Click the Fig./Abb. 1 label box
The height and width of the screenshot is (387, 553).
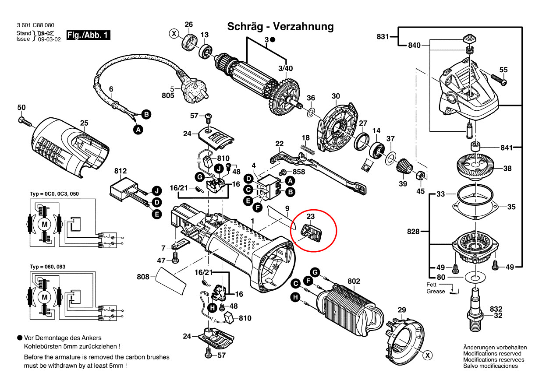(x=88, y=35)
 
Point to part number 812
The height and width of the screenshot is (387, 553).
(x=121, y=171)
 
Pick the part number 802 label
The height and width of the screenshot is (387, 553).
(x=354, y=281)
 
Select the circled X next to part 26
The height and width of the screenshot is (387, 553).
(x=174, y=34)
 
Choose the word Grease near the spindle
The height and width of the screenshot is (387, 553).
(x=436, y=291)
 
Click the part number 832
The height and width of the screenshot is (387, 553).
(x=496, y=308)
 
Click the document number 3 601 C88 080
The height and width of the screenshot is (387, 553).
(x=35, y=25)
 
